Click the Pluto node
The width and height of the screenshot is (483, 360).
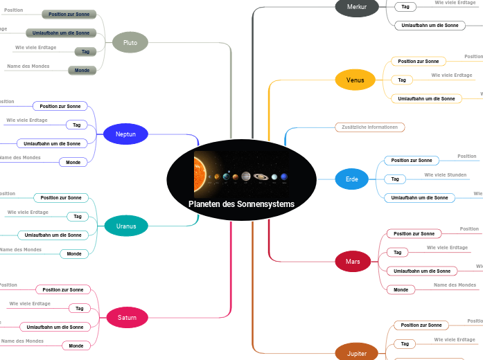pyautogui.click(x=130, y=43)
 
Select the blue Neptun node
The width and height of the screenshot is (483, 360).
pyautogui.click(x=125, y=134)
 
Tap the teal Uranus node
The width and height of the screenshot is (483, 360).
pyautogui.click(x=126, y=226)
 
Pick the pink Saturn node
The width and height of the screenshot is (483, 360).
pyautogui.click(x=127, y=318)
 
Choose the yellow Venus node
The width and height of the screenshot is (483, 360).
pyautogui.click(x=355, y=80)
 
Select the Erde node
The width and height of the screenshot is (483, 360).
pyautogui.click(x=352, y=179)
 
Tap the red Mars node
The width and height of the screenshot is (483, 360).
pyautogui.click(x=353, y=261)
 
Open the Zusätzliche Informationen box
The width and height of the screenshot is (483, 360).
pyautogui.click(x=369, y=127)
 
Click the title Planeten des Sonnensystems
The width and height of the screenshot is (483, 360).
pyautogui.click(x=241, y=204)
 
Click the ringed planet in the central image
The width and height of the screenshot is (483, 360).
pyautogui.click(x=261, y=177)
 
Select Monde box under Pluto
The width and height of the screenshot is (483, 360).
pyautogui.click(x=82, y=70)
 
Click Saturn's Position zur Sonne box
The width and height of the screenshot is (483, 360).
pyautogui.click(x=62, y=289)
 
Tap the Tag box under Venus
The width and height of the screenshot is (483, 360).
pyautogui.click(x=401, y=80)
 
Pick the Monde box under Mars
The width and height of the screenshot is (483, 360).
pyautogui.click(x=401, y=289)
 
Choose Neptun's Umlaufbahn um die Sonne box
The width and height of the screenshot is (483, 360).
pyautogui.click(x=52, y=143)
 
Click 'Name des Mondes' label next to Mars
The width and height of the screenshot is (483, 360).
pyautogui.click(x=455, y=285)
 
